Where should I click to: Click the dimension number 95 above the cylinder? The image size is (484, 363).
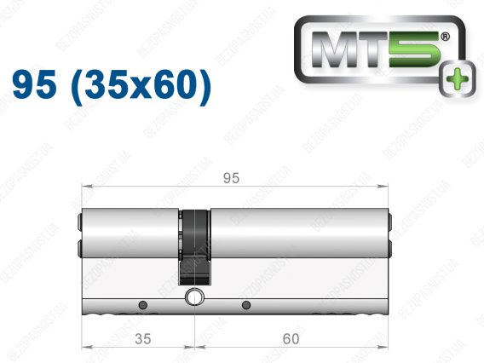click(231, 178)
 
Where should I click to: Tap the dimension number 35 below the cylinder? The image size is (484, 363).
click(143, 339)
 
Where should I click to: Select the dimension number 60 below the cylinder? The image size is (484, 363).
click(291, 339)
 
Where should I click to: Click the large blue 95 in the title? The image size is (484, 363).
click(35, 84)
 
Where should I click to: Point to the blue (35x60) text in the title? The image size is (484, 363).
click(141, 86)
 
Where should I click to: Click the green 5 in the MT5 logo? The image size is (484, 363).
click(414, 49)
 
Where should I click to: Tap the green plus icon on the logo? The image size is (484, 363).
click(458, 78)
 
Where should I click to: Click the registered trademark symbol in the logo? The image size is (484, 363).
click(445, 37)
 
